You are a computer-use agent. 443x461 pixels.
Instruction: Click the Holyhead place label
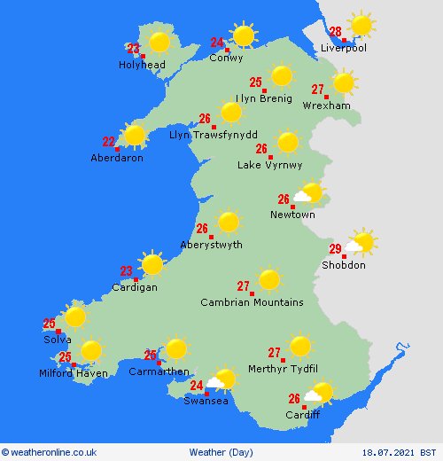point(141,65)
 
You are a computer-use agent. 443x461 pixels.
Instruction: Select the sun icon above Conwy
point(244,35)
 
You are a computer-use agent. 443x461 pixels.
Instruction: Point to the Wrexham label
point(326,105)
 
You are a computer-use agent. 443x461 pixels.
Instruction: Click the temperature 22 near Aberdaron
point(109,141)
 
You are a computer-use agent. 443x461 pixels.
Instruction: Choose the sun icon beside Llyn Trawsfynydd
point(230,113)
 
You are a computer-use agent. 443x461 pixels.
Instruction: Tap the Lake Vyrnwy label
point(270,165)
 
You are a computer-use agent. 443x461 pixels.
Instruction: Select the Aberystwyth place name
point(211,246)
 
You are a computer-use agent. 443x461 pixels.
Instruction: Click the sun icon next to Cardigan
point(152,264)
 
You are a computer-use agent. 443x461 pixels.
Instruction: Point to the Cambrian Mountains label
point(252,302)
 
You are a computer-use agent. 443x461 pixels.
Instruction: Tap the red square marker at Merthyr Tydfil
point(284,360)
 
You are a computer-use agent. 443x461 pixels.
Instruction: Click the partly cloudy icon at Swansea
point(221,381)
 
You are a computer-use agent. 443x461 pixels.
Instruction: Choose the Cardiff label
point(302,415)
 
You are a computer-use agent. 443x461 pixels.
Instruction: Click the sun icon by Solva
point(74,316)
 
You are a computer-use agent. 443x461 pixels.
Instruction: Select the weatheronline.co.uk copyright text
point(52,451)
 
